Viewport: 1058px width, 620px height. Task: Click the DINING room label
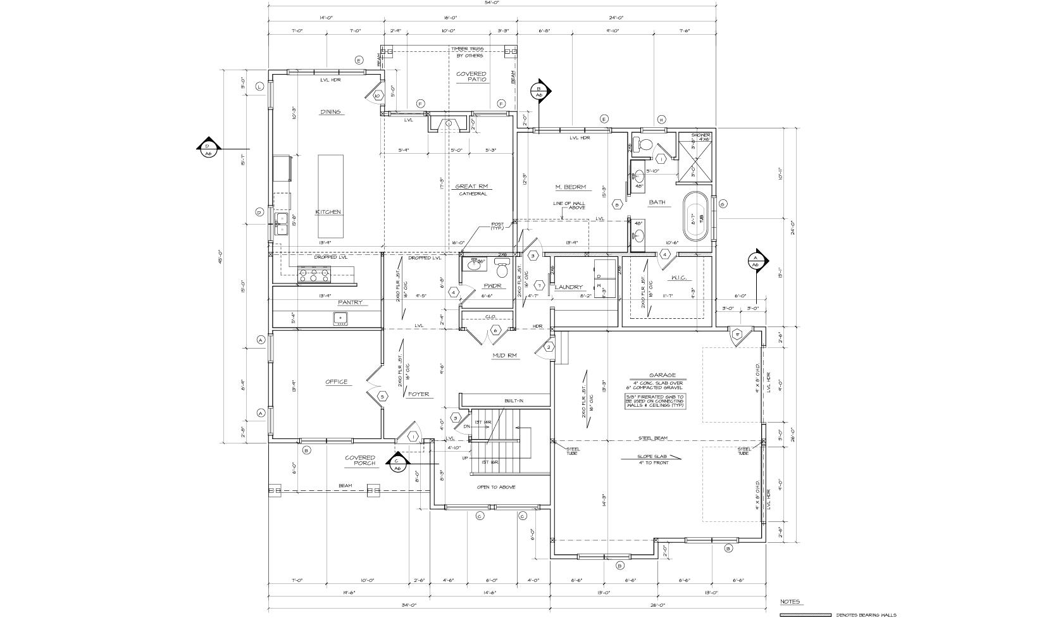330,112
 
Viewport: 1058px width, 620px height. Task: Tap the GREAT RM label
472,187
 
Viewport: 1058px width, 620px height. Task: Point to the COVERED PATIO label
471,77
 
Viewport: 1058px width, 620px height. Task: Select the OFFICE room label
337,381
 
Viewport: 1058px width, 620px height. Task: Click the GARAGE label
662,375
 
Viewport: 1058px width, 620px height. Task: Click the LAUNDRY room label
568,287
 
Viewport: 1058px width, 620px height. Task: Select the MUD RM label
505,356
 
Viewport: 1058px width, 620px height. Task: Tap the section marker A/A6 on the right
755,261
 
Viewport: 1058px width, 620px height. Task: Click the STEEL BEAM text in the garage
652,438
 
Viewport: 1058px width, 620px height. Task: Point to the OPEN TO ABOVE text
495,487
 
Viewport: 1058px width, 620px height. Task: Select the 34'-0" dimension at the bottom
408,605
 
